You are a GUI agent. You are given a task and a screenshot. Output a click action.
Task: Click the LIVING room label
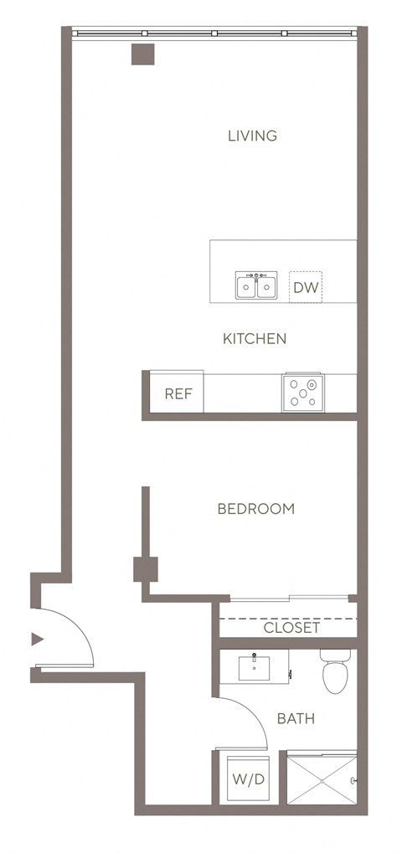tap(252, 136)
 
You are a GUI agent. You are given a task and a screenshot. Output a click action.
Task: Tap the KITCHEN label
tap(255, 339)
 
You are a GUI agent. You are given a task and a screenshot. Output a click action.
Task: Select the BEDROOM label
tap(255, 509)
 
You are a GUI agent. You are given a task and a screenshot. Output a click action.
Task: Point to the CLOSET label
tap(291, 628)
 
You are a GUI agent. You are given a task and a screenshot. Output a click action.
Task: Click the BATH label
tap(296, 718)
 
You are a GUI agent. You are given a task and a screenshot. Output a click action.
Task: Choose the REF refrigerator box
tap(178, 393)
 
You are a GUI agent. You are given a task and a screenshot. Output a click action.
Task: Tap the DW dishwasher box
tap(306, 289)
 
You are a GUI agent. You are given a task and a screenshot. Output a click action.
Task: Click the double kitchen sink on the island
tap(256, 286)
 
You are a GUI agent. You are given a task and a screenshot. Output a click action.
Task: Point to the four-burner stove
tap(304, 392)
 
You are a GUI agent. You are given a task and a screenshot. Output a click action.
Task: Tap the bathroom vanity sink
tap(255, 667)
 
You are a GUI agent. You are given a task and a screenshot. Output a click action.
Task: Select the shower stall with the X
tap(321, 779)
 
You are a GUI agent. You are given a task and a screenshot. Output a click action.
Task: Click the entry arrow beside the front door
tap(36, 640)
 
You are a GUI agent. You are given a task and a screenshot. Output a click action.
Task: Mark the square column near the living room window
tap(143, 53)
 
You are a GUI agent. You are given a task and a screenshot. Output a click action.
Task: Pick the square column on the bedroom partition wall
tap(146, 569)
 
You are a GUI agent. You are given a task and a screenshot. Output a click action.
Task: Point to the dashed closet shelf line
tap(288, 619)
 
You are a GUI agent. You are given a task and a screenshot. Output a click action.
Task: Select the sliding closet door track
tap(288, 598)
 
